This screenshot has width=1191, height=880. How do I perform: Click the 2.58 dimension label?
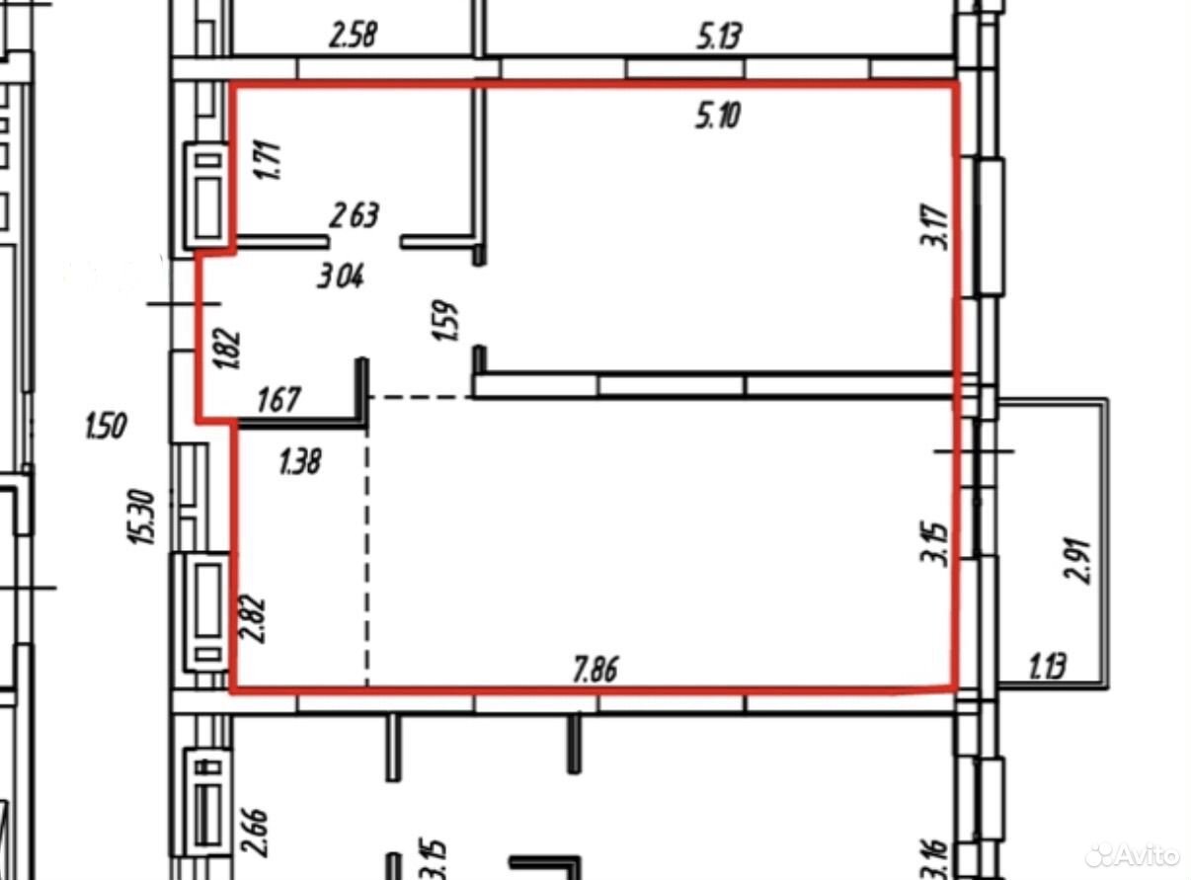[353, 35]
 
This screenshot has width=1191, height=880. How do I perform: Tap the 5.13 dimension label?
[719, 38]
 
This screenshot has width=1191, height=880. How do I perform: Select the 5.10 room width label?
[718, 116]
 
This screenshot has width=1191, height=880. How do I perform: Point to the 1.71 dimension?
[267, 161]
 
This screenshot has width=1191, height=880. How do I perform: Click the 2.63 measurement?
[354, 215]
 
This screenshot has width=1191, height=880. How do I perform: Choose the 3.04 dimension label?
[341, 278]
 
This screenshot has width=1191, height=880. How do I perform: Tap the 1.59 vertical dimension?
[445, 320]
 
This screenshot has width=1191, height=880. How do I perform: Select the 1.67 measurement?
[278, 400]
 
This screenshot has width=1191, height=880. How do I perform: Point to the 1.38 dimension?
[300, 461]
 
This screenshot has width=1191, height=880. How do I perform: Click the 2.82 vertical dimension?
[252, 618]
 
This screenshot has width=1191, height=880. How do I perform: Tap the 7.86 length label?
[595, 670]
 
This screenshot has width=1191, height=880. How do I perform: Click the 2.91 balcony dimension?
[1077, 560]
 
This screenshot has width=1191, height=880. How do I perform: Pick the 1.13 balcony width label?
[1048, 667]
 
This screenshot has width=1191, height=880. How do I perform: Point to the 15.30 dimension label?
[143, 517]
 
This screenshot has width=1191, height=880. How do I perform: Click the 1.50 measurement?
[106, 426]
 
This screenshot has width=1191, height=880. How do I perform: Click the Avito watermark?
[1133, 854]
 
